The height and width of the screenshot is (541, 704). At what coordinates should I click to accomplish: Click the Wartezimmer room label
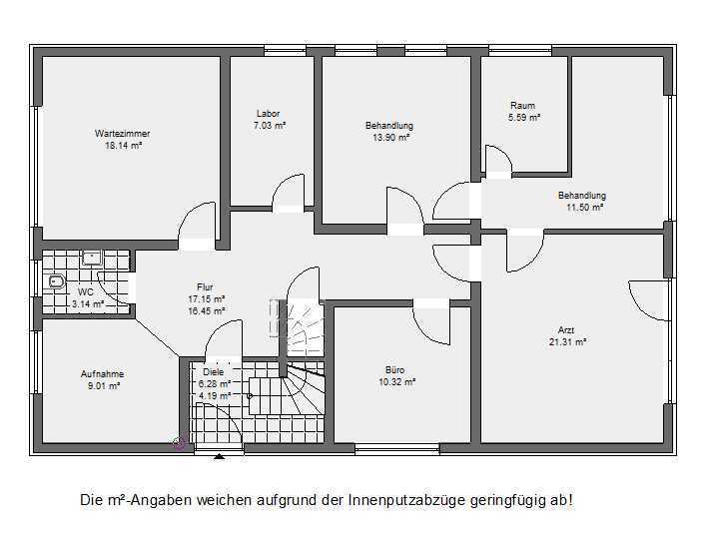click(122, 134)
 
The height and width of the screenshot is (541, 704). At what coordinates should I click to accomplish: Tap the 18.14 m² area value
click(124, 146)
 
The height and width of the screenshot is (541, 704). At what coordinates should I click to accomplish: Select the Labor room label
click(268, 114)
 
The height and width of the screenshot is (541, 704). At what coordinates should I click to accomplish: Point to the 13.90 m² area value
click(390, 138)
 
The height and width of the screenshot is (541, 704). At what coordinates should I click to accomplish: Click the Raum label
click(522, 106)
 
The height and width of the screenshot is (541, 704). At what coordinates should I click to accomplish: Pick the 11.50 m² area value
click(584, 208)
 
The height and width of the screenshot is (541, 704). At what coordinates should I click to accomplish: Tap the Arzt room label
click(566, 330)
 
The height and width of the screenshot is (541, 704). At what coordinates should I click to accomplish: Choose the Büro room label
click(395, 370)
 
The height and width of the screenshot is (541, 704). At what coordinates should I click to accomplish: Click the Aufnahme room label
click(103, 374)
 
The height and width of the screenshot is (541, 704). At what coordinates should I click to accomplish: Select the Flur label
click(205, 286)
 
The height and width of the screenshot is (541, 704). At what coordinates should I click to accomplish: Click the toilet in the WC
click(57, 281)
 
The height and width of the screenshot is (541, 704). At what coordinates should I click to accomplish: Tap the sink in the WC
click(92, 259)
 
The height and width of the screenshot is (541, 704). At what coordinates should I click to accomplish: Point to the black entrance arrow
click(219, 457)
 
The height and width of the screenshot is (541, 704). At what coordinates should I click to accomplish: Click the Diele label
click(214, 371)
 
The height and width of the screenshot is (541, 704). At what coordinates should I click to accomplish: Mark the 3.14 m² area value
click(88, 304)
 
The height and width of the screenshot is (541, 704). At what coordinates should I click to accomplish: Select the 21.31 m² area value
click(567, 342)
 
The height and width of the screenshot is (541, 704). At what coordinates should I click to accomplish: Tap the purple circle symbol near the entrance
click(179, 443)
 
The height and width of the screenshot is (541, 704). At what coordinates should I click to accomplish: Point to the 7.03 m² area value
click(270, 126)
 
